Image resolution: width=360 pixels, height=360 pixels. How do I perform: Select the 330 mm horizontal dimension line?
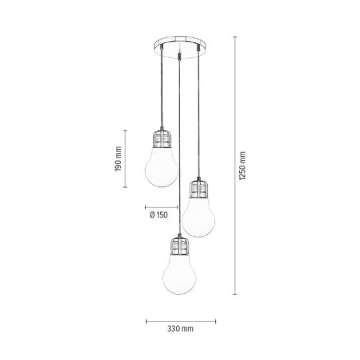click(170, 321)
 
